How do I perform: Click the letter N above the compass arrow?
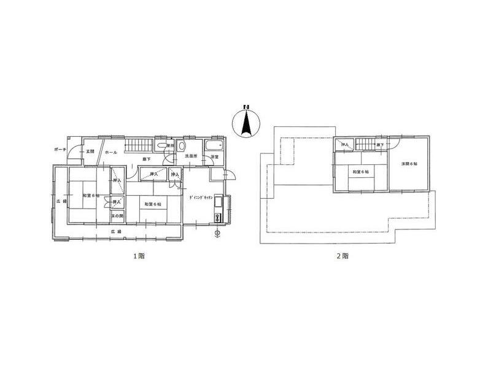pos(245,108)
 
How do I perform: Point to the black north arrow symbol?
pos(245,124)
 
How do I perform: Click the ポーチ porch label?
pos(60,150)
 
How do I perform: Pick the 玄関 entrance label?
pos(90,151)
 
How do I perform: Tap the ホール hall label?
pos(111,151)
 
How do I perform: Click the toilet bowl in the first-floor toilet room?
pos(182,147)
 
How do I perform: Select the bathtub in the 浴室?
pos(215,146)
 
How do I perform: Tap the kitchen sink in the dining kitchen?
pos(218,218)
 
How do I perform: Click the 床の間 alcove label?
pos(116,215)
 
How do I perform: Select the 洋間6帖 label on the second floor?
pos(409,164)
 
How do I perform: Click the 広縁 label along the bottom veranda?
pos(116,231)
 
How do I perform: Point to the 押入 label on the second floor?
pos(345,145)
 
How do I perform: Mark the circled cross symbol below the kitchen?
pos(218,233)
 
